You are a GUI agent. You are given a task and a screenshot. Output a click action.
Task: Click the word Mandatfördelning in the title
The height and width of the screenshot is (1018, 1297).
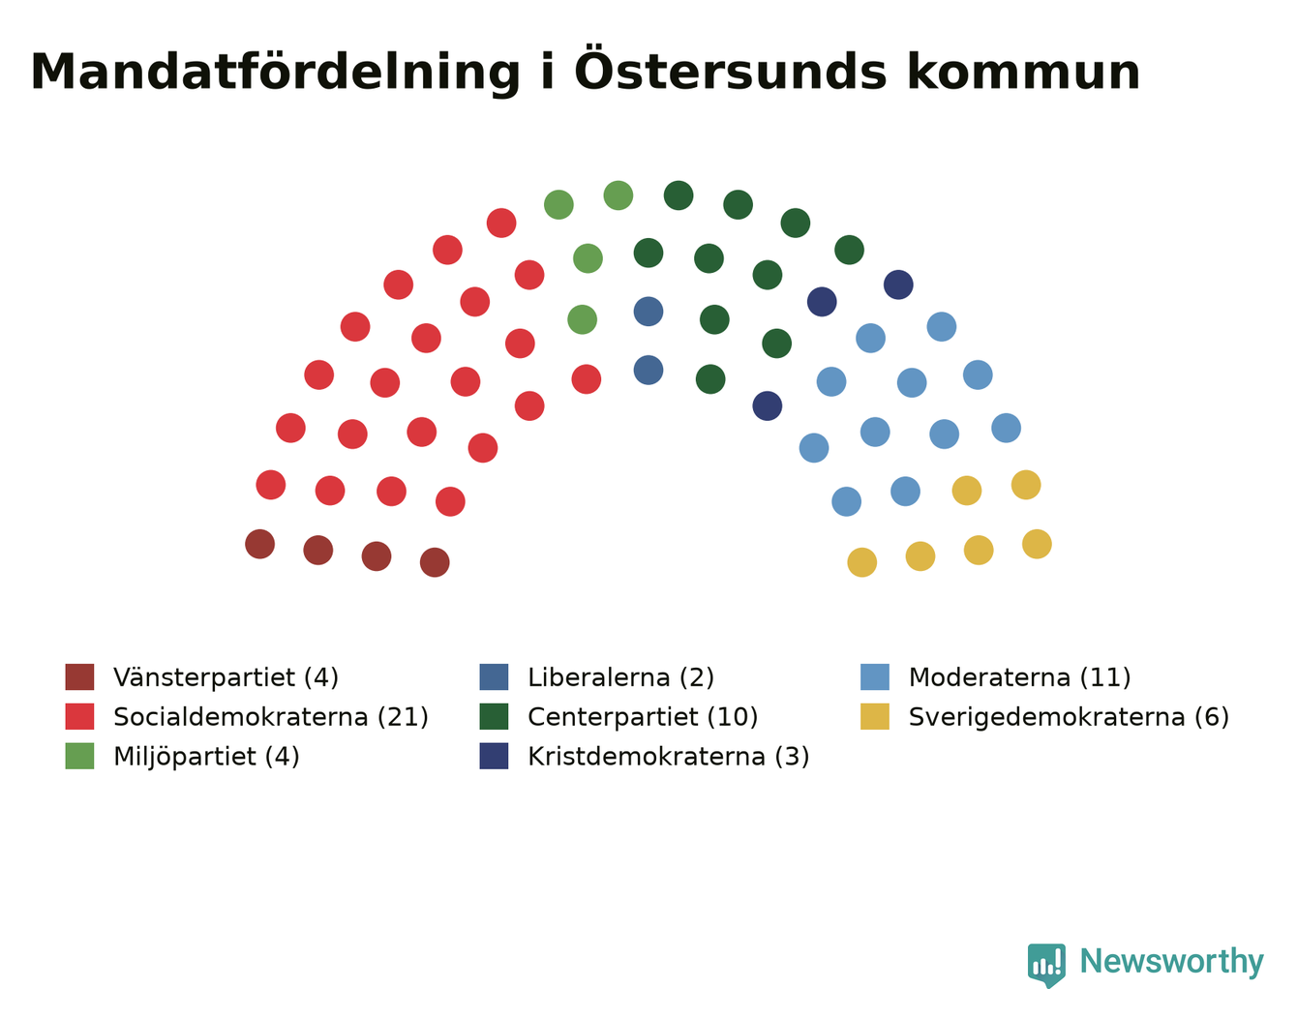[x=276, y=73]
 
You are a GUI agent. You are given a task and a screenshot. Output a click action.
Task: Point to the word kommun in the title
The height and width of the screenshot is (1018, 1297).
[x=1024, y=73]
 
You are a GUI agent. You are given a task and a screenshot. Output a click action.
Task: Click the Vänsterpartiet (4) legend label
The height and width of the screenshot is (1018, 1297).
[x=226, y=677]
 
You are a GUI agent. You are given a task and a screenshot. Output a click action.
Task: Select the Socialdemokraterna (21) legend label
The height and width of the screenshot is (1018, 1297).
[x=271, y=717]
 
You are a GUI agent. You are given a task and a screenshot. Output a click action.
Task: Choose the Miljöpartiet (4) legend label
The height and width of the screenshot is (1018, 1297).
[x=206, y=757]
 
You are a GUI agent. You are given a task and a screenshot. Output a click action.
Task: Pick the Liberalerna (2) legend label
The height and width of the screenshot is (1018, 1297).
[x=620, y=677]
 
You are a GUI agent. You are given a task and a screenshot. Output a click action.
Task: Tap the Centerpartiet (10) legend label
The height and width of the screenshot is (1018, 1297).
[x=643, y=717]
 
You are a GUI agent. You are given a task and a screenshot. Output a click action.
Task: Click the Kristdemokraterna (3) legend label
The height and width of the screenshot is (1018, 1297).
[x=669, y=757]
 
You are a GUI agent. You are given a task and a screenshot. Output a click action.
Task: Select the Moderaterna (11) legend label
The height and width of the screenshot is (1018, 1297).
[x=1019, y=677]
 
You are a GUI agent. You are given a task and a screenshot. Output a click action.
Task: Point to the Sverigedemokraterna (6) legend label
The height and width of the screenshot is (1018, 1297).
[x=1069, y=717]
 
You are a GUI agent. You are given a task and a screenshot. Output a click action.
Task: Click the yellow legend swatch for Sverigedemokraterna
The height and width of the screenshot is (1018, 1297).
[x=874, y=716]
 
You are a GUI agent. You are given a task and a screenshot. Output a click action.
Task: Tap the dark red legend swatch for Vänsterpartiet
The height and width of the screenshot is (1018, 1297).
[x=79, y=676]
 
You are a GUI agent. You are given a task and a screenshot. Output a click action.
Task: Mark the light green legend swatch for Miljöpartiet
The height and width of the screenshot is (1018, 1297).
[x=79, y=756]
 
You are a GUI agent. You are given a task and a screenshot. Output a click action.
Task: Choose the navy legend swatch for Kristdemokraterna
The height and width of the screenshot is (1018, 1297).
[x=494, y=756]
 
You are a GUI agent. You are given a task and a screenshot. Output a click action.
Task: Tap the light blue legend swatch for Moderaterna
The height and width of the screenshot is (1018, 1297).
[x=874, y=676]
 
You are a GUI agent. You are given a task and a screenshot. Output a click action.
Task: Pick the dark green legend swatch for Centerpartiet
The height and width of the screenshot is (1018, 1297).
[x=494, y=716]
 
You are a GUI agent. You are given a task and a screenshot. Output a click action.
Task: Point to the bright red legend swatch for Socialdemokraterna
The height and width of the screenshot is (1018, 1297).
[x=79, y=716]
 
